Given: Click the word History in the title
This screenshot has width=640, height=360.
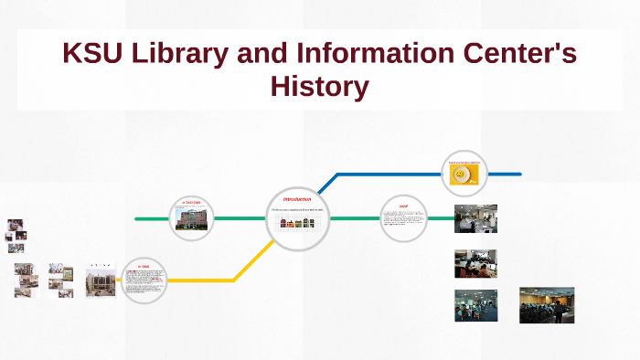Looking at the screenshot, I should (319, 87).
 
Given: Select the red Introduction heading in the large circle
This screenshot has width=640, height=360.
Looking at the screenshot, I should (297, 199).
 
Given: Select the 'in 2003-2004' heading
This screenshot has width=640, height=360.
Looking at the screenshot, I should (192, 203).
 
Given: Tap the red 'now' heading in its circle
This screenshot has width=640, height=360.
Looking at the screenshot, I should (403, 206).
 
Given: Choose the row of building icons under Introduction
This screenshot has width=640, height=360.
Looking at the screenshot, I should (297, 222).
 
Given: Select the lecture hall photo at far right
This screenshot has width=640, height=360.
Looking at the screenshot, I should (546, 304).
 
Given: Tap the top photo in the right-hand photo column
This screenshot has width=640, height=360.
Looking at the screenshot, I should (475, 218).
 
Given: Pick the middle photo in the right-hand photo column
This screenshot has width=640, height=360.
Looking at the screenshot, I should (475, 263).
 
